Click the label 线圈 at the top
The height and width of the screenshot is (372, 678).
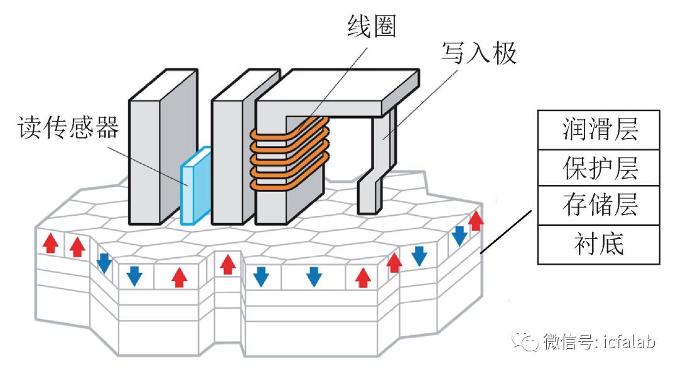pos(371,27)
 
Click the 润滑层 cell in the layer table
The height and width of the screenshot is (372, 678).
pos(599,130)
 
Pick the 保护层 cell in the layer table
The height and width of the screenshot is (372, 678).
pos(599,167)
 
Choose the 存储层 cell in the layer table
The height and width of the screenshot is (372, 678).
pos(599,205)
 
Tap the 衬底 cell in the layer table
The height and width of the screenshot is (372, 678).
pos(599,243)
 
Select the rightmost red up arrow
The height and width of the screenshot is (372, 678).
pos(476,220)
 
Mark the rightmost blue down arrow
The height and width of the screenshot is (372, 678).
pos(460,235)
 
